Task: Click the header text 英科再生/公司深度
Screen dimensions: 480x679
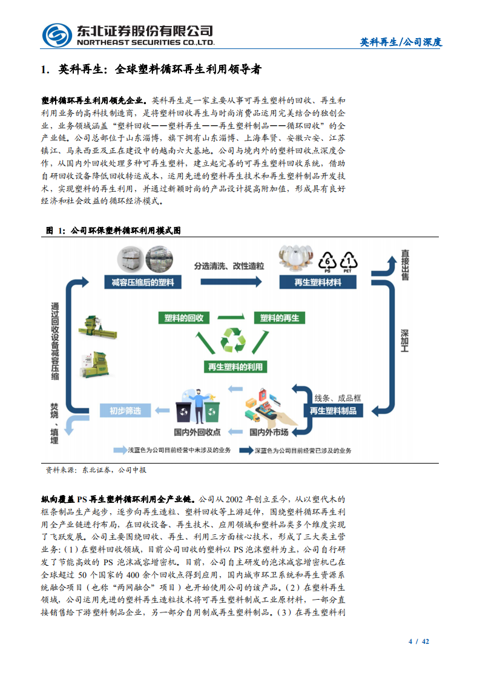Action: [x=401, y=42]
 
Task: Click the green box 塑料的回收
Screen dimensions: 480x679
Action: [x=184, y=318]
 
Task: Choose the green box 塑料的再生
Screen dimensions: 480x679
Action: [x=279, y=318]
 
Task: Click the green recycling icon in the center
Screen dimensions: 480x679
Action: [x=233, y=341]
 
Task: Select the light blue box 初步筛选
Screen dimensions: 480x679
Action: [x=126, y=411]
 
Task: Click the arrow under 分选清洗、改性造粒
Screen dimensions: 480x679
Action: [x=229, y=282]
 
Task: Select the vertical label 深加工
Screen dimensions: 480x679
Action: [x=405, y=341]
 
